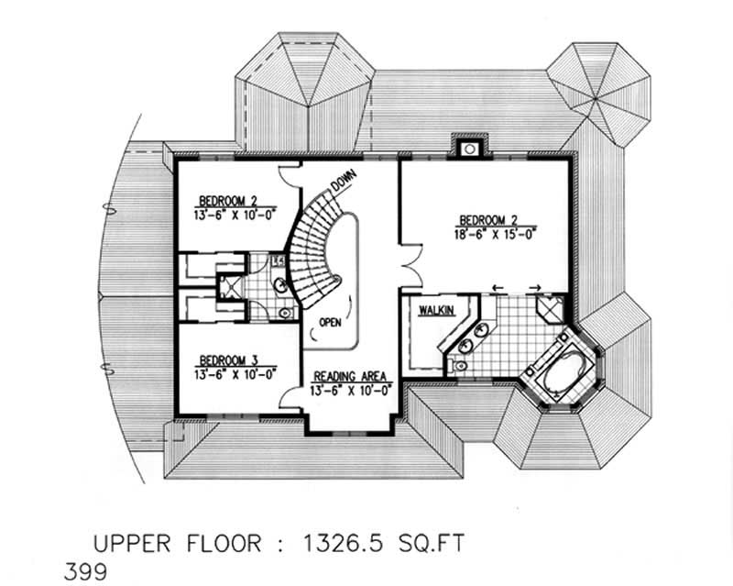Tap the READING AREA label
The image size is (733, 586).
352,377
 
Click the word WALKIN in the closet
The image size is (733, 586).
437,312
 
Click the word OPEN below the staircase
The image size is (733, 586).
331,322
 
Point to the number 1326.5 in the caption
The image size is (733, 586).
343,543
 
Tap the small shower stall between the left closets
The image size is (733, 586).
234,284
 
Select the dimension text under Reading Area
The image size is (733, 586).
352,391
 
